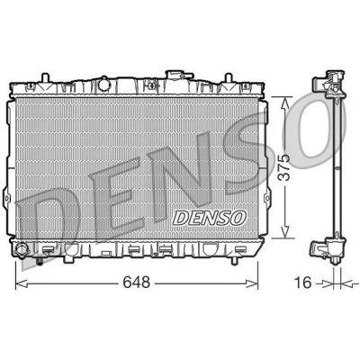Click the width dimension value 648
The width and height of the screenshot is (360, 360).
click(x=136, y=283)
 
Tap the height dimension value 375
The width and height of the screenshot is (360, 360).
click(x=283, y=167)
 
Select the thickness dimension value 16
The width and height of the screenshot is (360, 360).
click(x=302, y=283)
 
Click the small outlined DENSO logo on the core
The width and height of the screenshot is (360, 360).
click(x=210, y=218)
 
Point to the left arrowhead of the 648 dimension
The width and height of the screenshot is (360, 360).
click(x=21, y=283)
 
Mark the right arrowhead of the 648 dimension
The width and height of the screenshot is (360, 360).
click(x=252, y=283)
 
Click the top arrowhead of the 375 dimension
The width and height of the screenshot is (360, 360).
click(x=285, y=103)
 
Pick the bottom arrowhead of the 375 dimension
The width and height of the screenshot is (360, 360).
click(x=285, y=232)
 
